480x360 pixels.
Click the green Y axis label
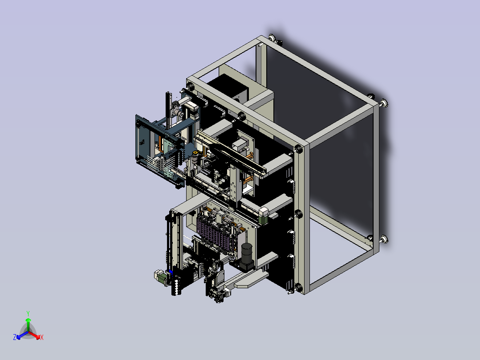click(28, 313)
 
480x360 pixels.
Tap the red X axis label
click(42, 337)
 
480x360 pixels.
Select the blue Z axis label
click(15, 337)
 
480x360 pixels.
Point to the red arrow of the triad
click(35, 335)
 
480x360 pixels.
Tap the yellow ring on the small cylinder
click(195, 152)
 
